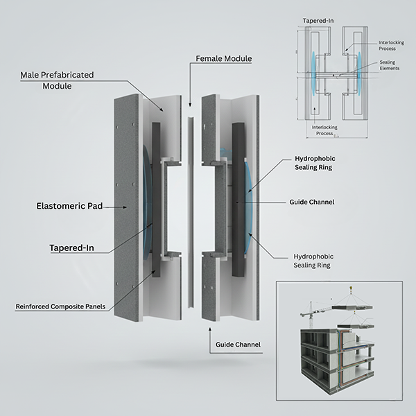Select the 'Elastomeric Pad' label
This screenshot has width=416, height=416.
coord(65,206)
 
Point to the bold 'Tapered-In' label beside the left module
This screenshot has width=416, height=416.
coord(73,247)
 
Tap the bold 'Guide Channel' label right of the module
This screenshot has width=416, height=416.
coord(312,202)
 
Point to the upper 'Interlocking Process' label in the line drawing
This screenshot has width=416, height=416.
coord(391,46)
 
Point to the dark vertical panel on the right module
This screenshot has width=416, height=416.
coord(239,201)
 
